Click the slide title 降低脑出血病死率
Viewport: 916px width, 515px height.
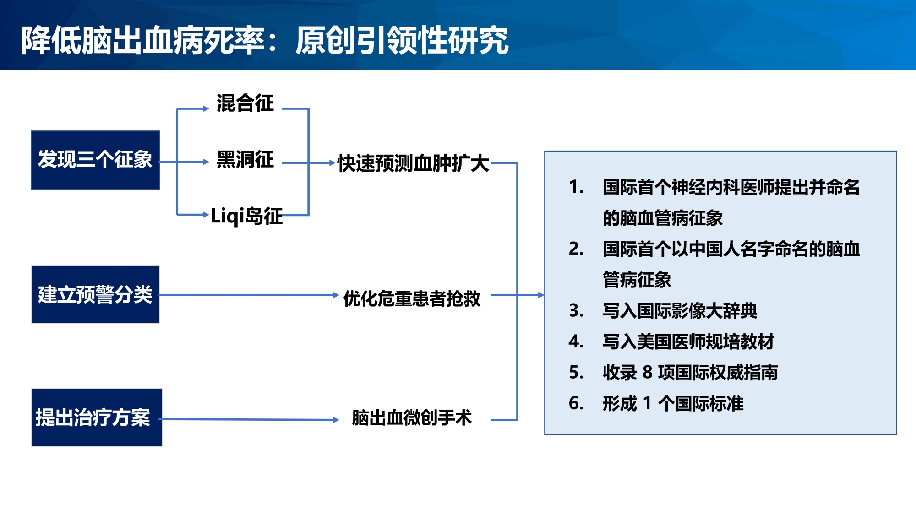tap(143, 40)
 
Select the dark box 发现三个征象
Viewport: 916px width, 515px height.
tap(95, 160)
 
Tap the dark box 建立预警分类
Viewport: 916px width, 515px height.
tap(95, 294)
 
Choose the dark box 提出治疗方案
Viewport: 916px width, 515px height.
tap(97, 417)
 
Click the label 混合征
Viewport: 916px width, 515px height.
tap(245, 103)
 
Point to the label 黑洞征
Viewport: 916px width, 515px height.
tap(245, 159)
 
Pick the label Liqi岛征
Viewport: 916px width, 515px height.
tap(246, 216)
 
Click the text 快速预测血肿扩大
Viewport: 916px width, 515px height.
tap(413, 163)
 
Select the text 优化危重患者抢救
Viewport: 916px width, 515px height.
tap(412, 298)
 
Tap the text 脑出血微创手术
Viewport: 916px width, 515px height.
tap(412, 417)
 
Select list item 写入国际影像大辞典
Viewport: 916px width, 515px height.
tap(680, 310)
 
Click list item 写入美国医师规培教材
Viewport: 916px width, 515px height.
tap(688, 342)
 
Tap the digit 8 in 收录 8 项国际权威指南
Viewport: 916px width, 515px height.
tap(647, 372)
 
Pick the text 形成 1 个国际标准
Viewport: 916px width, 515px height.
tap(673, 403)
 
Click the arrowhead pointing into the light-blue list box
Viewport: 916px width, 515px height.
tap(541, 295)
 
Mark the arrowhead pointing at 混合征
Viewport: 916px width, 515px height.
tap(206, 108)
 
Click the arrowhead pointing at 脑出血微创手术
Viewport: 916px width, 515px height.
tap(336, 419)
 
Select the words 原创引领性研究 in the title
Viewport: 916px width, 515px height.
tap(402, 40)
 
